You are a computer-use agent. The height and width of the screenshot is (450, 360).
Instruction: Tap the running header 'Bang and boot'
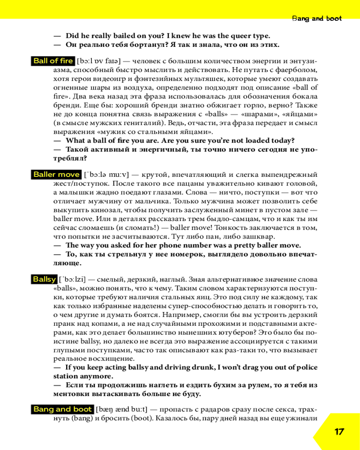pos(317,18)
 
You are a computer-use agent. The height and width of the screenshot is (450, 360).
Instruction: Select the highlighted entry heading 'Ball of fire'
pos(53,61)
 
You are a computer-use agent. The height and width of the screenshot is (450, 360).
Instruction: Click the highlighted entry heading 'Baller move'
pos(56,175)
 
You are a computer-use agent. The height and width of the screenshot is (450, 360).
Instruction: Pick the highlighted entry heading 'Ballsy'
pos(44,279)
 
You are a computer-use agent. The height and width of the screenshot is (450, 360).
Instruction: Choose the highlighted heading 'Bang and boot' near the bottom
pos(62,409)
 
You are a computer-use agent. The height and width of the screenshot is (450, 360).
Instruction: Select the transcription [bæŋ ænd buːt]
pos(121,409)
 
